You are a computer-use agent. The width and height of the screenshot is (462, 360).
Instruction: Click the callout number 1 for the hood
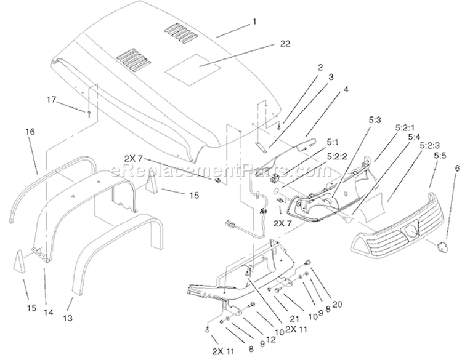point(254,22)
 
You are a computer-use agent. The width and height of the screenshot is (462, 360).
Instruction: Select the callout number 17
point(51,100)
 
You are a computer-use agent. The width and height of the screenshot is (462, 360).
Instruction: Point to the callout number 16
point(30,132)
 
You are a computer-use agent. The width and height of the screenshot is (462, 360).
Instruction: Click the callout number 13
point(68,318)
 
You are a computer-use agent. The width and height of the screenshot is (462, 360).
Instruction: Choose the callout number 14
point(49,312)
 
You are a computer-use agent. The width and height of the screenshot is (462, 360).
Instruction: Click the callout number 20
point(337,304)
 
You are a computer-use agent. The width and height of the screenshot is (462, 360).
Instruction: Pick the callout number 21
point(294,319)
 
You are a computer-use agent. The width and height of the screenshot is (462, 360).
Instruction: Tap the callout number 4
point(346,89)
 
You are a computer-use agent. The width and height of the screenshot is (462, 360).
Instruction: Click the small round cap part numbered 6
point(442,247)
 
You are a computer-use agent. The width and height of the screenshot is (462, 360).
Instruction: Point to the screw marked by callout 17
point(89,113)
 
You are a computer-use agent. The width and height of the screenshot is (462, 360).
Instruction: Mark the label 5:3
point(375,120)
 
